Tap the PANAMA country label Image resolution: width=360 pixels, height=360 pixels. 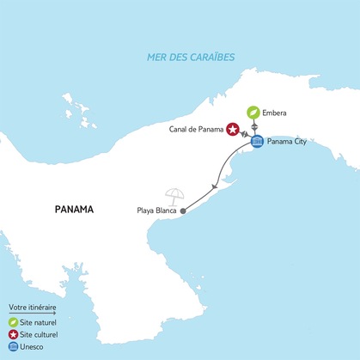coord(73,209)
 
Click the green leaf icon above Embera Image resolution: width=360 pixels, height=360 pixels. coord(254,113)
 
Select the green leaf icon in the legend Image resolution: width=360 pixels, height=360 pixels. coord(13,322)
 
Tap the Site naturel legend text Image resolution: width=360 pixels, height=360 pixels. coord(40,322)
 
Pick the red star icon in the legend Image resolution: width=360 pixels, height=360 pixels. coord(13,335)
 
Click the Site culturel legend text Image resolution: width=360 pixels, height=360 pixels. coord(40,335)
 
